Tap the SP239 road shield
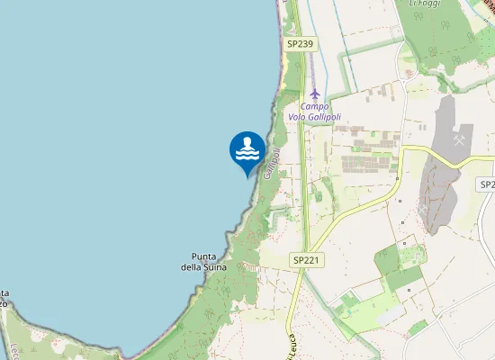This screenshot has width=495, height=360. click(x=299, y=43)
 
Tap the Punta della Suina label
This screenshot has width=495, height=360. click(x=209, y=261)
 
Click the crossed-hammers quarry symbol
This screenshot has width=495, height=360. click(x=459, y=140)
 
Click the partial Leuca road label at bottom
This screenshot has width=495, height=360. click(x=290, y=346)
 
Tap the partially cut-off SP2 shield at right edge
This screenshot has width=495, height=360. click(x=486, y=184)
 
